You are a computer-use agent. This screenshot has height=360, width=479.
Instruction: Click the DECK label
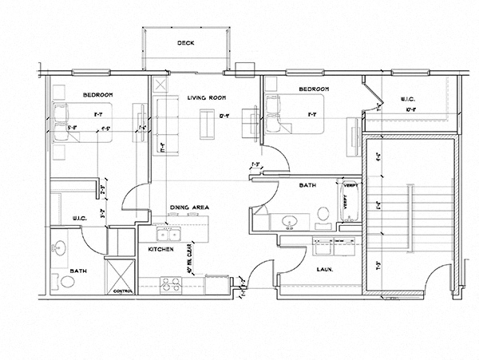tap(187, 44)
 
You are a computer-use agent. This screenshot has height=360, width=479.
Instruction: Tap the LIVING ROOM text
tap(203, 98)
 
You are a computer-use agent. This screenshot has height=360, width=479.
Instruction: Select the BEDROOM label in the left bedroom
tap(98, 95)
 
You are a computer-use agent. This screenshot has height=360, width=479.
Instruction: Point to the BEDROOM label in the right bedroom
tap(314, 89)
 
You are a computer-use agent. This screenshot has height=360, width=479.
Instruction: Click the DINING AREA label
tap(189, 208)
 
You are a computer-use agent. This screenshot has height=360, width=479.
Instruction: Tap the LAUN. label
tap(325, 269)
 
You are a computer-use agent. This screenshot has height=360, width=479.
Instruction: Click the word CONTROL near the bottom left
tap(124, 291)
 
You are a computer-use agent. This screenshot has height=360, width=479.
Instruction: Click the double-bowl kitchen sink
tap(168, 234)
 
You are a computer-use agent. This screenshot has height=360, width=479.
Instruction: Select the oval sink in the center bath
tap(290, 220)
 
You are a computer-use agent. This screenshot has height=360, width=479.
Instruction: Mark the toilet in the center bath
tap(323, 214)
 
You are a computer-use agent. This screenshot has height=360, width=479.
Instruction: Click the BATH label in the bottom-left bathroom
tap(80, 271)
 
